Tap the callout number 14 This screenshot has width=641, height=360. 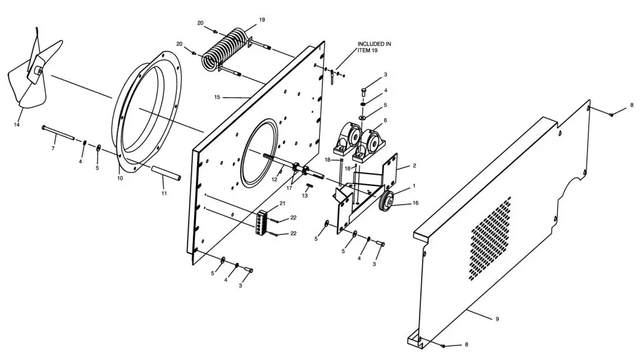coord(17,125)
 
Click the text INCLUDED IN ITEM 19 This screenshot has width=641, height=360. coord(374,47)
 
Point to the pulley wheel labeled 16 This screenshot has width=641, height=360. coord(386,202)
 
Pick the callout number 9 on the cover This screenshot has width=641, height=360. coord(497,318)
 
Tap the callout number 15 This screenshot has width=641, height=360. coord(217,97)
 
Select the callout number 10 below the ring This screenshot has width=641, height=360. coord(121,177)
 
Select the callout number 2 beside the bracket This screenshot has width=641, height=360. coord(414,166)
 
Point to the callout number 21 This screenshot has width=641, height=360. coord(282,204)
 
